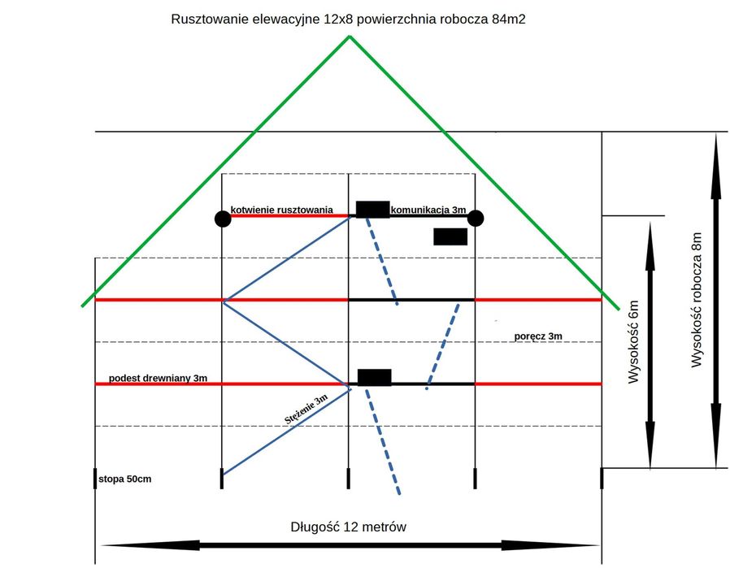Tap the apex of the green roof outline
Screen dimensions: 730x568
pos(350,37)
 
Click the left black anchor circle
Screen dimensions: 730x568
pos(223,219)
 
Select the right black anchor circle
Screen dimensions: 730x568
pos(476,218)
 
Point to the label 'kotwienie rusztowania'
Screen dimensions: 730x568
pos(281,210)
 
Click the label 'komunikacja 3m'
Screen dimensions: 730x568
pos(428,210)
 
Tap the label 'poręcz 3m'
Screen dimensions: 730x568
pos(538,336)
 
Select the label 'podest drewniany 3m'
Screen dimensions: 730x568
pos(158,378)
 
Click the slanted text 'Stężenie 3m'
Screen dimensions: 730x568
pos(306,409)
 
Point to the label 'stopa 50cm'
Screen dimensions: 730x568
pos(124,479)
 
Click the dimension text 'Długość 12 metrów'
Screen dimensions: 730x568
pos(348,527)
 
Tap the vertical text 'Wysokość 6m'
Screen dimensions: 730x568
pos(633,342)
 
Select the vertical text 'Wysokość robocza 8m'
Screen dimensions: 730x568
pos(696,300)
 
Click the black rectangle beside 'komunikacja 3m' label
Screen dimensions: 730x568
pos(372,210)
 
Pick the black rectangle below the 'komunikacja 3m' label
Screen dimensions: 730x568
pos(450,236)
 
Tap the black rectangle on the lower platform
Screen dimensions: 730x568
pos(374,378)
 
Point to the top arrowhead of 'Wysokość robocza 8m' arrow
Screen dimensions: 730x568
pos(715,165)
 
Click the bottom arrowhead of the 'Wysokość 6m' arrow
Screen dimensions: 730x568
pos(650,444)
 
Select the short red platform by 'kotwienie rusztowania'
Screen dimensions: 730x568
pos(289,216)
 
